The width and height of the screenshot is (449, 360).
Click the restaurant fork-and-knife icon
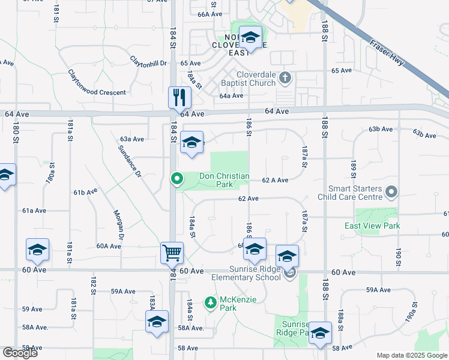179,97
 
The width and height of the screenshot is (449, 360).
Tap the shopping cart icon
172,253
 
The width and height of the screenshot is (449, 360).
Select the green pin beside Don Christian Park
177,178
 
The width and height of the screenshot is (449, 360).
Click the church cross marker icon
286,77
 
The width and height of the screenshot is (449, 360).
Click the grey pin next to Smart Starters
392,192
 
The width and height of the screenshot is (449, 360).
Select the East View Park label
372,226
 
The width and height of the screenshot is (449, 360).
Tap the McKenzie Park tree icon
210,302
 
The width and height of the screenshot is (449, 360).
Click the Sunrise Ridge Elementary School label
246,273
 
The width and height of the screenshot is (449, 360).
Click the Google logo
20,353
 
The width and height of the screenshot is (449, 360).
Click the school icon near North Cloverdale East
250,37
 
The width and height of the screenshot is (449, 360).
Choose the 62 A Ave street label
275,180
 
